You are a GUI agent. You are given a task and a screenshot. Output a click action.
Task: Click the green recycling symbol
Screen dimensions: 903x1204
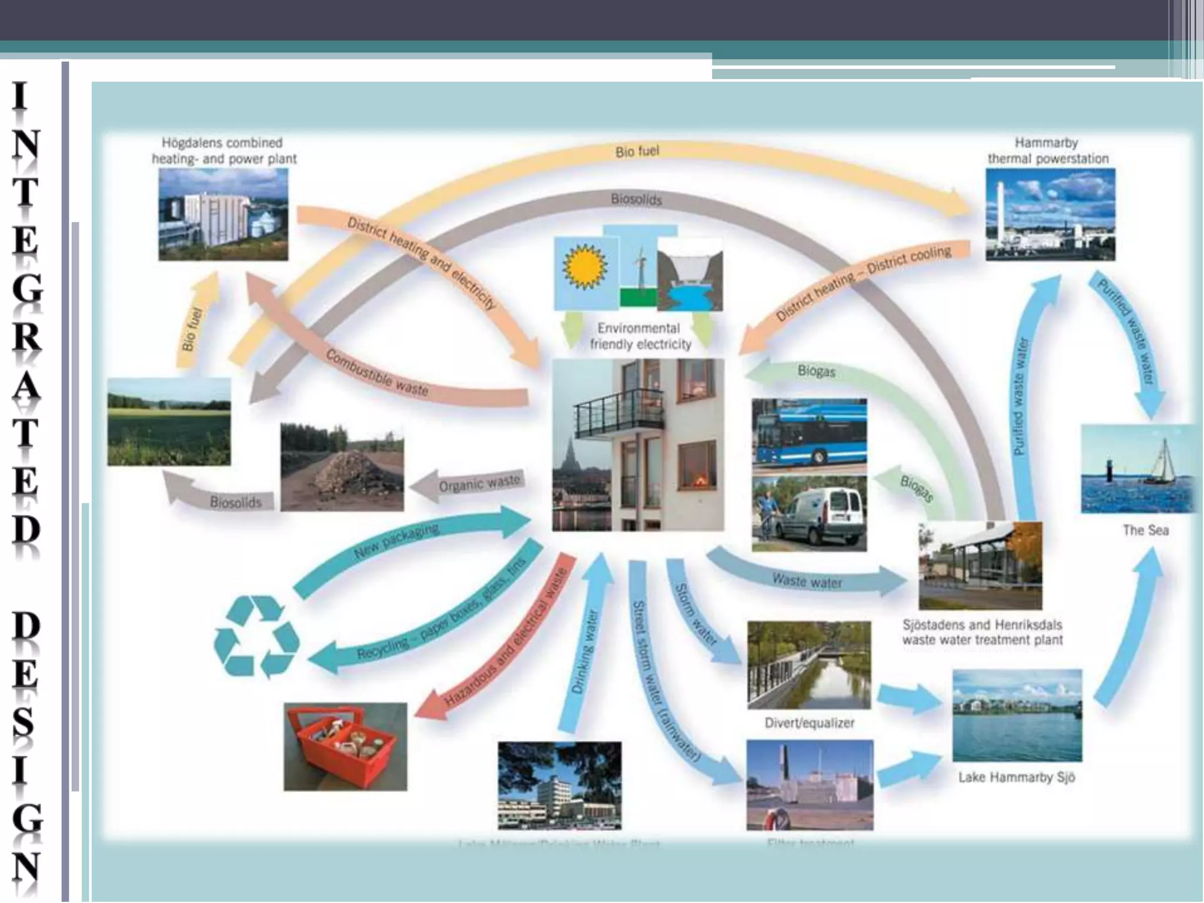pos(256,637)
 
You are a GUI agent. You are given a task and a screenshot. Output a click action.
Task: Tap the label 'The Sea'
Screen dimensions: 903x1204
pos(1145,530)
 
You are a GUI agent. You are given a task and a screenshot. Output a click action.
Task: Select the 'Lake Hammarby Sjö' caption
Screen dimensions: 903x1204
pos(1016,777)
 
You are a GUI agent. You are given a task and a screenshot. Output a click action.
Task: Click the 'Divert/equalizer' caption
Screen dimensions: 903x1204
pos(810,723)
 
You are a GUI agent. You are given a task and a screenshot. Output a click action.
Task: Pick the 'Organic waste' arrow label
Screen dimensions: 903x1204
pos(480,483)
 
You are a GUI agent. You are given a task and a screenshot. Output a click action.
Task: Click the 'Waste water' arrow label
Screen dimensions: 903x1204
pos(807,581)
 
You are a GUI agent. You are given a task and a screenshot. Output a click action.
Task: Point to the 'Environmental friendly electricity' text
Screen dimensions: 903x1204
pos(640,336)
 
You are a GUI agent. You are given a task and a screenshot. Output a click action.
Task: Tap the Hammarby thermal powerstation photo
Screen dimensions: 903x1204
pos(1050,215)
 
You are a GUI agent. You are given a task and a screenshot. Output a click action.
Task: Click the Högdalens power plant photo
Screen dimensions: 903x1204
pos(223,215)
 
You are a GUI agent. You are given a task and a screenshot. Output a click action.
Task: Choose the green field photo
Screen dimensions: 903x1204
pos(169,422)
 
